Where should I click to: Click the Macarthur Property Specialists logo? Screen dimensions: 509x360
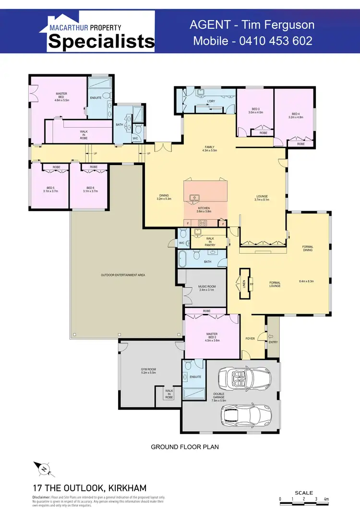pyautogui.click(x=101, y=32)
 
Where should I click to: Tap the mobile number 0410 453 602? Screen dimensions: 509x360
pyautogui.click(x=252, y=41)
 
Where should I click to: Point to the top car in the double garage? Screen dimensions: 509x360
pyautogui.click(x=243, y=379)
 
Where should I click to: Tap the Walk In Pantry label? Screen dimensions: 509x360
pyautogui.click(x=210, y=241)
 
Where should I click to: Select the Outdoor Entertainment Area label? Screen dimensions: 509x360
pyautogui.click(x=123, y=275)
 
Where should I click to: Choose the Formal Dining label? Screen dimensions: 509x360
pyautogui.click(x=308, y=249)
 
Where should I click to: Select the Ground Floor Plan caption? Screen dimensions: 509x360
pyautogui.click(x=185, y=447)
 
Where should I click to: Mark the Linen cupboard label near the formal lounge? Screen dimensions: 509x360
pyautogui.click(x=244, y=284)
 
